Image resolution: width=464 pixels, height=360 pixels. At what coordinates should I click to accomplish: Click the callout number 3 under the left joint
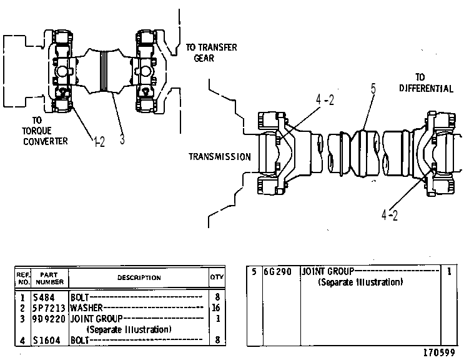point(122,139)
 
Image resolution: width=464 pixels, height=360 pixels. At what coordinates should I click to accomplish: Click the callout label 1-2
point(99,142)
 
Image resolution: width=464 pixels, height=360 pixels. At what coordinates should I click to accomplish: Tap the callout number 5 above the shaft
point(373,89)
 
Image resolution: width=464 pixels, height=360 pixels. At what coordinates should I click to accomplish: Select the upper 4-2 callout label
point(325,100)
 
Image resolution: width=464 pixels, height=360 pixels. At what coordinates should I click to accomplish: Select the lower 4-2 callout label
point(390,215)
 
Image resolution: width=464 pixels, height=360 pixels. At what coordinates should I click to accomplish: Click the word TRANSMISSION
point(220,157)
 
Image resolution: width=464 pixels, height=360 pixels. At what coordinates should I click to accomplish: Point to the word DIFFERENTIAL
point(426,88)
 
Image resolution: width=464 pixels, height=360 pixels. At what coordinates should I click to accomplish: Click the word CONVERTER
point(45,141)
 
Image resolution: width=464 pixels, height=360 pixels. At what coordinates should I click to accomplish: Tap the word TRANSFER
point(217,47)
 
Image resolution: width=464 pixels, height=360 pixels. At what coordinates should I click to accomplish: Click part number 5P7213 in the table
point(49,308)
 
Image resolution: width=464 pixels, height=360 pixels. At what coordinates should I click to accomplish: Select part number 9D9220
point(49,319)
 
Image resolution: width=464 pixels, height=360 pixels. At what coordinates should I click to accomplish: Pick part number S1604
point(46,340)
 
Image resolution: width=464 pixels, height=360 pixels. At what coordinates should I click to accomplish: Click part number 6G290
point(277,271)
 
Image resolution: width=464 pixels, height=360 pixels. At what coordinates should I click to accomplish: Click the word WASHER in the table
point(86,308)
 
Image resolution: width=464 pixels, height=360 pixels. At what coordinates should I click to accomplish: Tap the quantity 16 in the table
point(216,308)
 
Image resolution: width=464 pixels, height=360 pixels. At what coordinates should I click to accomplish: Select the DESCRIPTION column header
point(139,277)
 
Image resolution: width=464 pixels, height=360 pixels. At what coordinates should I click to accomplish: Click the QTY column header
point(217,277)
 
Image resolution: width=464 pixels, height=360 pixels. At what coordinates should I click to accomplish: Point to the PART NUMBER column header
point(49,278)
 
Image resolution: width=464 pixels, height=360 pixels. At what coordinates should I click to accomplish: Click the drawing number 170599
point(439,352)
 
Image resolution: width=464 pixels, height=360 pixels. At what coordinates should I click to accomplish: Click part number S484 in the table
point(44,297)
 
